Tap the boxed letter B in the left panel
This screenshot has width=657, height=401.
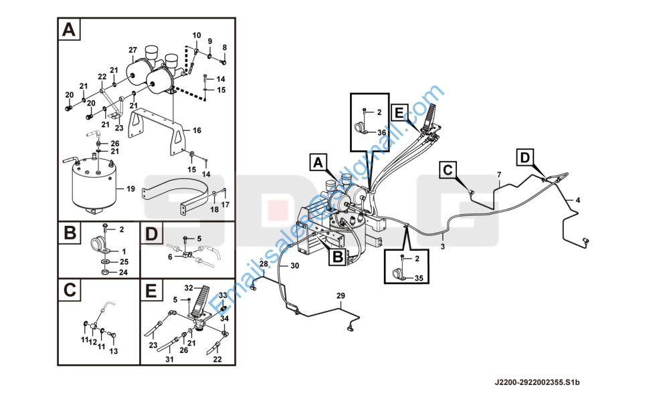70,234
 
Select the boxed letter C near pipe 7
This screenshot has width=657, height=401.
448,170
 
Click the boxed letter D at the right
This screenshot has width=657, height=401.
525,158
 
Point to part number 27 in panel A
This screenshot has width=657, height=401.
132,50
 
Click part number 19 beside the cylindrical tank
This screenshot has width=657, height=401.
130,189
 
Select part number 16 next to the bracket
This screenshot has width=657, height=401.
197,130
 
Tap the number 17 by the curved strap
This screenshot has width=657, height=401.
225,204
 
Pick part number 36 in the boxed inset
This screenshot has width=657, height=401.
382,132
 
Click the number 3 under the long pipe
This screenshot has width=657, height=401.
442,247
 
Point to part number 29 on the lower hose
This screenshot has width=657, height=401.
341,295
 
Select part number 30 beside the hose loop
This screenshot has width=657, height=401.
294,265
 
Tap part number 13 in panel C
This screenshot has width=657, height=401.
112,352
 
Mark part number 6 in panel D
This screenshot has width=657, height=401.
170,257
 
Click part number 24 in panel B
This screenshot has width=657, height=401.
123,273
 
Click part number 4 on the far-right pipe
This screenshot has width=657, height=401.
578,200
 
